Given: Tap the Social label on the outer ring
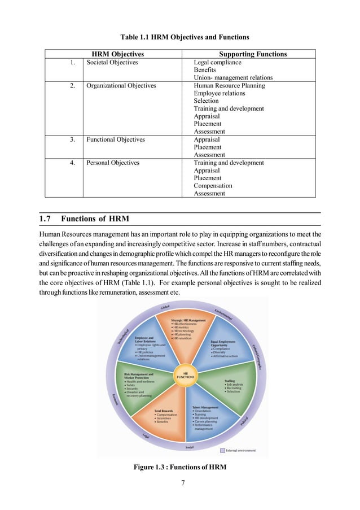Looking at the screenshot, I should point(190,447).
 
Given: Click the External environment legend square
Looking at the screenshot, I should point(222,450).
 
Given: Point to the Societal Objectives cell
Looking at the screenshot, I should point(112,62).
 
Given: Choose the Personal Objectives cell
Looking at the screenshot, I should point(112,163).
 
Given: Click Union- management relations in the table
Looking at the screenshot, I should point(233,77).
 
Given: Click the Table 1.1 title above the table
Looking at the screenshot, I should point(181,37).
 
